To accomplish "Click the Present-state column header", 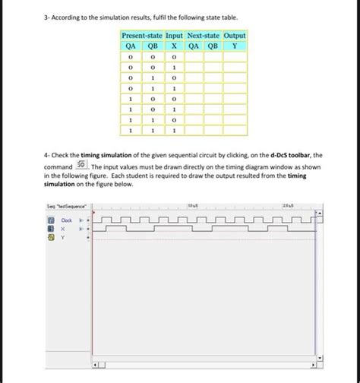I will click(x=141, y=36).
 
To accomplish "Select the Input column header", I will click(x=174, y=36).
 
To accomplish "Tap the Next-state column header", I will click(x=204, y=36).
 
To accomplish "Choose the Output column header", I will click(x=235, y=36).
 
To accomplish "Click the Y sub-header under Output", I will click(x=235, y=45).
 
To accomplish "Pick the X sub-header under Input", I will click(x=174, y=45).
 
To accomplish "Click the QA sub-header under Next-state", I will click(x=194, y=45).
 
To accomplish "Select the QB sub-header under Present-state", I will click(x=152, y=45).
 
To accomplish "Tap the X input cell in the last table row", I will click(x=174, y=131).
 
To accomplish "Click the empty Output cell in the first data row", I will click(x=235, y=56).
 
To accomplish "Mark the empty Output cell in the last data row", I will click(x=235, y=131).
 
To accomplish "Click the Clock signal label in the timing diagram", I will click(x=66, y=220).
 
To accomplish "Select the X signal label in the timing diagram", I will click(x=63, y=228).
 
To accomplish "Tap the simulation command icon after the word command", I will click(x=81, y=165).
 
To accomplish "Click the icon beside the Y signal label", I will click(x=51, y=236).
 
